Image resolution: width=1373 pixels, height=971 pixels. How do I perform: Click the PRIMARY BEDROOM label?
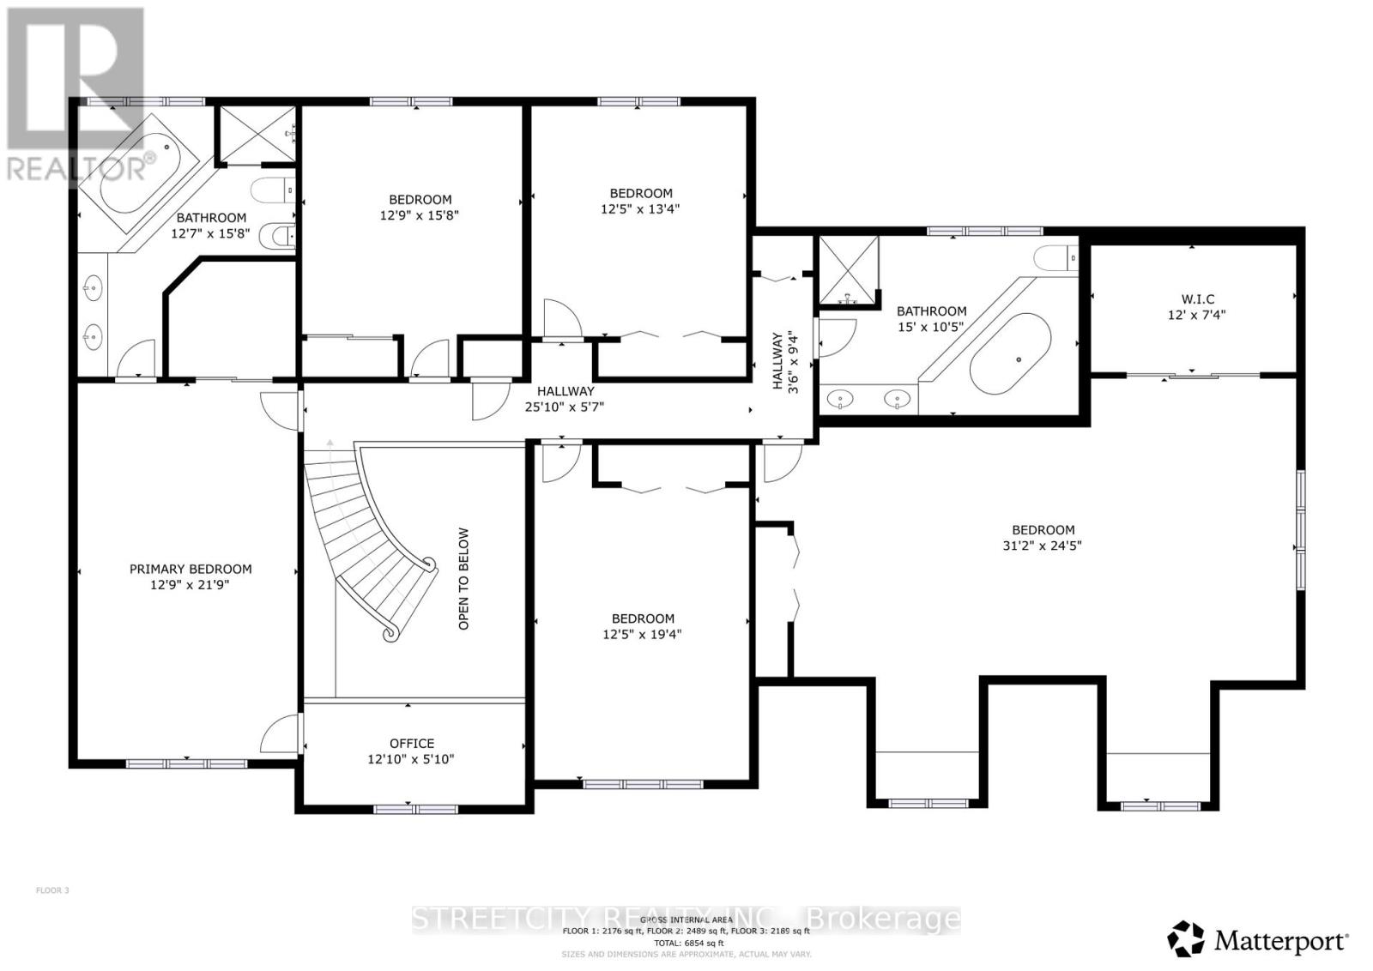pyautogui.click(x=191, y=569)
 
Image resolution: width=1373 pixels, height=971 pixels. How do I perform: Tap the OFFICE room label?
pyautogui.click(x=412, y=743)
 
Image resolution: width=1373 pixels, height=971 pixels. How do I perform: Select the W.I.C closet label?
pyautogui.click(x=1197, y=299)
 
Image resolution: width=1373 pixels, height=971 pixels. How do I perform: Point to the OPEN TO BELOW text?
pyautogui.click(x=464, y=578)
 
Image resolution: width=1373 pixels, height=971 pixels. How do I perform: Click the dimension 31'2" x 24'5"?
pyautogui.click(x=1043, y=546)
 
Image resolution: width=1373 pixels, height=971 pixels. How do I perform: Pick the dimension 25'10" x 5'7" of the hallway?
pyautogui.click(x=565, y=407)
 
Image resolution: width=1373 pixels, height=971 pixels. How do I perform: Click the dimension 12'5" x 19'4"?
pyautogui.click(x=642, y=635)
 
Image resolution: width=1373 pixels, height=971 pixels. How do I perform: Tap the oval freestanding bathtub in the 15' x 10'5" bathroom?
pyautogui.click(x=1011, y=354)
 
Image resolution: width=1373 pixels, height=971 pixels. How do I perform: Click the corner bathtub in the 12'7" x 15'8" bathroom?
pyautogui.click(x=137, y=175)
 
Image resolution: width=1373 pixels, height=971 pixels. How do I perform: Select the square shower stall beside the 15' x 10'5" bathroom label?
pyautogui.click(x=848, y=269)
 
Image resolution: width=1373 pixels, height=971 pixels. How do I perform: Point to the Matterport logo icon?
pyautogui.click(x=1187, y=939)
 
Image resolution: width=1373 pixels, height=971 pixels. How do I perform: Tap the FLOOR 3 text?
pyautogui.click(x=52, y=890)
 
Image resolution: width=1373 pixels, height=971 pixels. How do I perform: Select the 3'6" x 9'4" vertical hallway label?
pyautogui.click(x=785, y=361)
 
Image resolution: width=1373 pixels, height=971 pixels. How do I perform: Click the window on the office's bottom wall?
pyautogui.click(x=416, y=807)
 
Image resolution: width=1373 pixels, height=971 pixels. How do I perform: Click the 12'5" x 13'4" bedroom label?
pyautogui.click(x=641, y=193)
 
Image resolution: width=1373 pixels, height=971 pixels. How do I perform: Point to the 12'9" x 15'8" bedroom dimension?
pyautogui.click(x=419, y=215)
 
